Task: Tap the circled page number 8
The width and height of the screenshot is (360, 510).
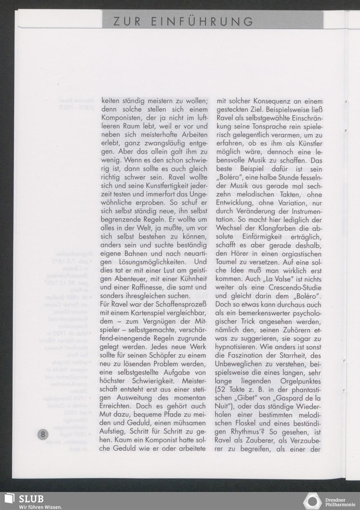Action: click(43, 434)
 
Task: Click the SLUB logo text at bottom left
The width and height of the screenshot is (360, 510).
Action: click(31, 499)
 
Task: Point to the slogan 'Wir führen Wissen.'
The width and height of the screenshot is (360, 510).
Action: click(40, 507)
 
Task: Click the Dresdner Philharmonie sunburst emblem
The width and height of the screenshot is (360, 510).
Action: click(313, 501)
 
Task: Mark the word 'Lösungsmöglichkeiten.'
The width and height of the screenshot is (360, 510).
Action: click(150, 262)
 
